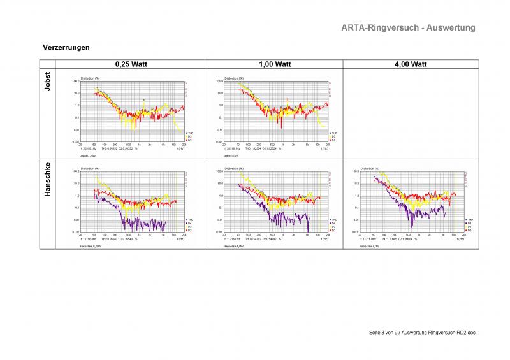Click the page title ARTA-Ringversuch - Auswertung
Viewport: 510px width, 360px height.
coord(408,28)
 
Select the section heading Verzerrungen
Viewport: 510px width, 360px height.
coord(66,48)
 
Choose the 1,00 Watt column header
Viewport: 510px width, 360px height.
coord(275,64)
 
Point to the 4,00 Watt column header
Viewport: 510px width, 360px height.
coord(411,64)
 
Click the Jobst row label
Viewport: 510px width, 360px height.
coord(47,83)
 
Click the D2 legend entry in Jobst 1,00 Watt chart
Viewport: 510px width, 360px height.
coord(333,139)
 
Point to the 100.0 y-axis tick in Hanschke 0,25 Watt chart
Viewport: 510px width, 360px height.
coord(75,171)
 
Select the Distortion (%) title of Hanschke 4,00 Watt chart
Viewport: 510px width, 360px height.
coord(370,168)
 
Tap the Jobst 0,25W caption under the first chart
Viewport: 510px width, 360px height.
coord(87,155)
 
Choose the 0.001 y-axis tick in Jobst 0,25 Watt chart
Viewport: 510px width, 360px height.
coord(75,141)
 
